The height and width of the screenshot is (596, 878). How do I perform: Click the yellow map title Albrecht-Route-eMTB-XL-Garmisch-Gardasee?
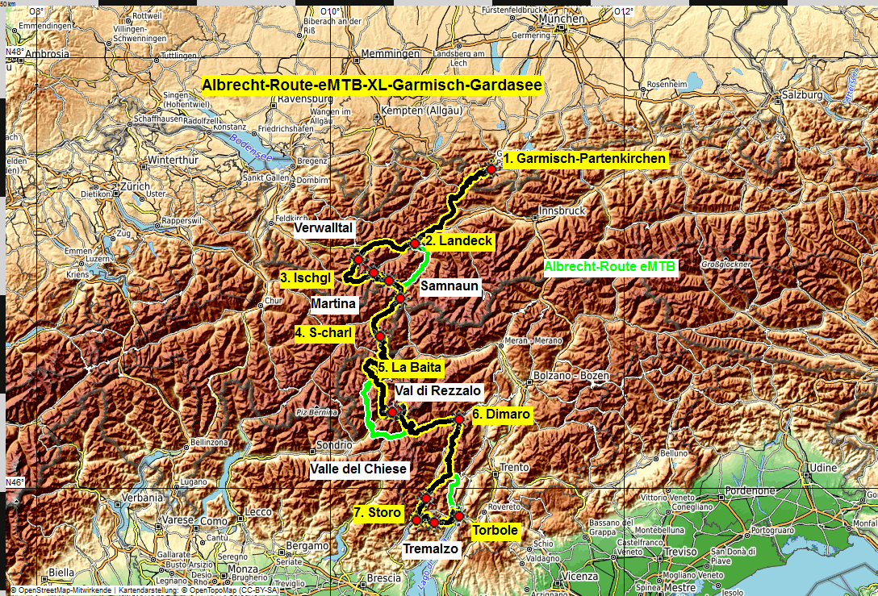(372, 85)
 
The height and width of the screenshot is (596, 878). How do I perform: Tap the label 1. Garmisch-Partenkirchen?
(591, 158)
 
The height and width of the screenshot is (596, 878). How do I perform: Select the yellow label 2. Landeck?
(458, 240)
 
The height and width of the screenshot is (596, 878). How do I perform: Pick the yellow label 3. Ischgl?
(307, 278)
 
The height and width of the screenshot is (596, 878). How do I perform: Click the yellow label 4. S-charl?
(324, 332)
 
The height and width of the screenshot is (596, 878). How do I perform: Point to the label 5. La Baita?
(409, 368)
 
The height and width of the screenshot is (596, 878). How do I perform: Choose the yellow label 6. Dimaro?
(501, 415)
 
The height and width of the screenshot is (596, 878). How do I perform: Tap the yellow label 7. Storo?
(378, 511)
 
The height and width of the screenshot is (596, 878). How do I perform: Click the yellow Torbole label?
(495, 531)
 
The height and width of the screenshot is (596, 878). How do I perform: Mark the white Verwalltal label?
(324, 228)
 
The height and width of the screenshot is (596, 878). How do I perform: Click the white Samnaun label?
(450, 285)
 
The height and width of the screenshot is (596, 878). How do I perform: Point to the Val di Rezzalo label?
(438, 390)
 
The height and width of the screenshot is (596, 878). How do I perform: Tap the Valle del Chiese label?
(358, 469)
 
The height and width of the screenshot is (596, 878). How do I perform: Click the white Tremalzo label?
(431, 549)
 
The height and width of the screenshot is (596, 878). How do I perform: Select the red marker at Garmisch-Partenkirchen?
(491, 169)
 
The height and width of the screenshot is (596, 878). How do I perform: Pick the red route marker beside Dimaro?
(458, 419)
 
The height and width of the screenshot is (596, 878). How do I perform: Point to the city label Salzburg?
(800, 95)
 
